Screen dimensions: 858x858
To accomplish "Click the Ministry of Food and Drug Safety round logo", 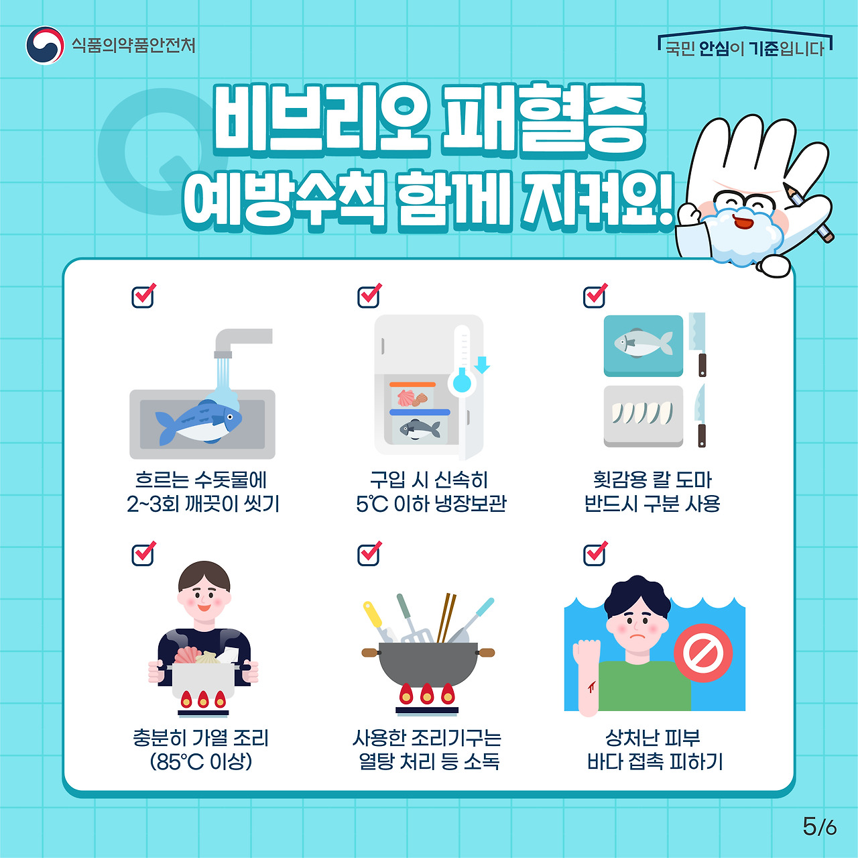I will coord(45,46).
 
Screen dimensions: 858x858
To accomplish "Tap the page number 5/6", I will coord(819,826).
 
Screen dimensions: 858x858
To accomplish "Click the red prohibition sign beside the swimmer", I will coord(703,653).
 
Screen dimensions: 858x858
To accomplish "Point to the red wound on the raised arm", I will coord(592,686).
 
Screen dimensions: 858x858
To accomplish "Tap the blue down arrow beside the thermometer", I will coord(482,365).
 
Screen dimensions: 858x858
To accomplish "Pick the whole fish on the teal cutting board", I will coord(643,344).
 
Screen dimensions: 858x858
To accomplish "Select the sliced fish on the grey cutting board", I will coord(642,414).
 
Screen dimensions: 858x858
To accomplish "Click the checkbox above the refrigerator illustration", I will coord(369,296).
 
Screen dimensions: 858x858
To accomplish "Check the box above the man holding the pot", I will coord(143,554).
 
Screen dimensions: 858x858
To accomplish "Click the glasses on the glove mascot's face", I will coord(744,201).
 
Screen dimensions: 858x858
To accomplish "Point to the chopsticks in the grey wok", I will coord(446,617).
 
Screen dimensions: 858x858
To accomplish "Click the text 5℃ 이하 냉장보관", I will coord(431,503).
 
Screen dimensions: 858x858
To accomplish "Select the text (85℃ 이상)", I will coord(201,761).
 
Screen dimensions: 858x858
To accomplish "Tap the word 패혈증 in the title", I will coord(543,121).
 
